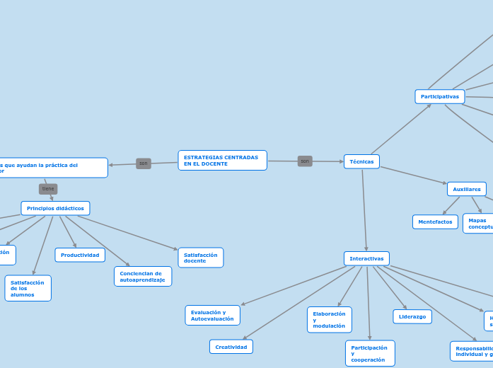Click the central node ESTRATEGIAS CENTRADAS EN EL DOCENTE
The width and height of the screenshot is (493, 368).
click(222, 161)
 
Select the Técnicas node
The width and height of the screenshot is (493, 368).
click(361, 161)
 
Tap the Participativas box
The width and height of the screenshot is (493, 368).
click(439, 96)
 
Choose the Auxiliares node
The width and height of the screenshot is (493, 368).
click(466, 189)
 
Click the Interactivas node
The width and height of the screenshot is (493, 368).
click(366, 258)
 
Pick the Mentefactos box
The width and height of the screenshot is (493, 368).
click(435, 222)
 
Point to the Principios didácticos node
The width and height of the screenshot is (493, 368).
click(55, 208)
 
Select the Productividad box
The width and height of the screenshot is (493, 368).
click(80, 255)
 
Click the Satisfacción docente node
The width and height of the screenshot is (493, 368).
click(200, 258)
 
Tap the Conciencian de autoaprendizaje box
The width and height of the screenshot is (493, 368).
click(142, 276)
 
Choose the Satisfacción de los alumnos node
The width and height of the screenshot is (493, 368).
click(28, 288)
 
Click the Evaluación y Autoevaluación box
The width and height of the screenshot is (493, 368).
click(212, 315)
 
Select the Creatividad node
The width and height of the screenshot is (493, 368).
click(231, 347)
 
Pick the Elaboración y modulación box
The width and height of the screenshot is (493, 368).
click(329, 319)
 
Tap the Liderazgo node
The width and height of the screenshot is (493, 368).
click(412, 316)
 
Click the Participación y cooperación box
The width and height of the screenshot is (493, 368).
click(370, 353)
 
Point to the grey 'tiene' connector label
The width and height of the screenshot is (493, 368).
click(48, 189)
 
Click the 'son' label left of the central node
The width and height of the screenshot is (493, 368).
click(144, 163)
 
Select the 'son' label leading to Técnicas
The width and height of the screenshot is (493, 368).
click(305, 161)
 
